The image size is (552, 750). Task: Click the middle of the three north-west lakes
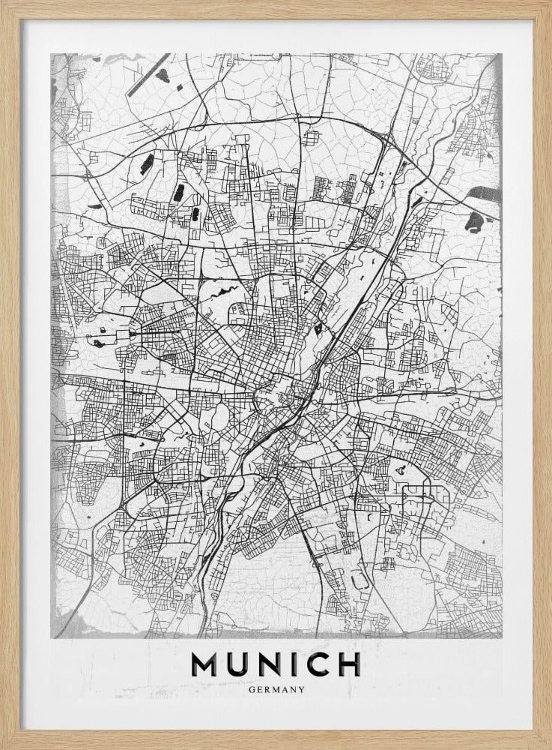point(179,193)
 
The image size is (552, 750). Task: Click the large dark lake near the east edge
point(474,221)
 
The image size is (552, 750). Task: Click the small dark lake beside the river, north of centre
point(318,328)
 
